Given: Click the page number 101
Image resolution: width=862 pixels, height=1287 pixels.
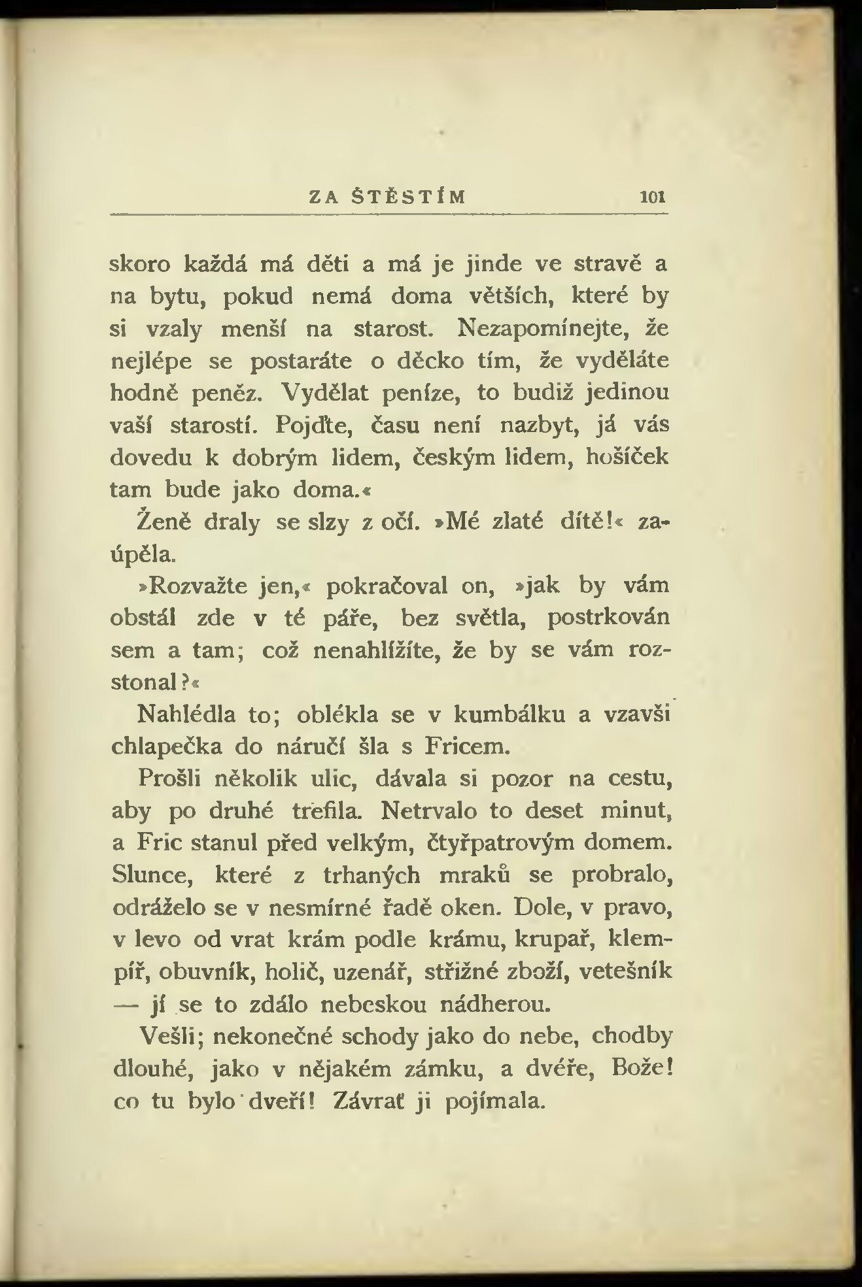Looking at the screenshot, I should pyautogui.click(x=653, y=197).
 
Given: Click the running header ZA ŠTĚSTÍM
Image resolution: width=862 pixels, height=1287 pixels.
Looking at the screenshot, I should pyautogui.click(x=387, y=196).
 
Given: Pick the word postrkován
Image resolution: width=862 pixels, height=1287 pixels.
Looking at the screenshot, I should pyautogui.click(x=608, y=617).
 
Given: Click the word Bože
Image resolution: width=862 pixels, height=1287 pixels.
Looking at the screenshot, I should pyautogui.click(x=634, y=1067).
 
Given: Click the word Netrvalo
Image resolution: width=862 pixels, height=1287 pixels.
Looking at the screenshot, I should pyautogui.click(x=428, y=811).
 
